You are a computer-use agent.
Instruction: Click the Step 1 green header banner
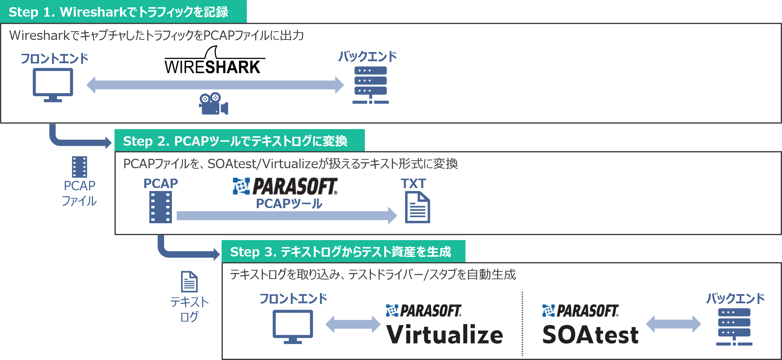pyautogui.click(x=123, y=12)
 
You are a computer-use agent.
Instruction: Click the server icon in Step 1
pyautogui.click(x=370, y=85)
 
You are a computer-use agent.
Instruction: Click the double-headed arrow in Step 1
pyautogui.click(x=215, y=85)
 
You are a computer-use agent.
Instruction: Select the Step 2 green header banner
pyautogui.click(x=239, y=140)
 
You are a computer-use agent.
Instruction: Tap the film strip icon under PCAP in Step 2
pyautogui.click(x=161, y=207)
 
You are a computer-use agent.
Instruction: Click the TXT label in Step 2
pyautogui.click(x=413, y=184)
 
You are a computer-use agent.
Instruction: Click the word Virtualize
pyautogui.click(x=444, y=334)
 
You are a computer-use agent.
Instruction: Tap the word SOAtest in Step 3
pyautogui.click(x=590, y=335)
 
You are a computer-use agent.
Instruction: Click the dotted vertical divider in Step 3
pyautogui.click(x=522, y=324)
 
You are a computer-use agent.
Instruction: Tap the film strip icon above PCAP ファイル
pyautogui.click(x=80, y=167)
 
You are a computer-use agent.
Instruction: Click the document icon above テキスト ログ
pyautogui.click(x=189, y=281)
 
